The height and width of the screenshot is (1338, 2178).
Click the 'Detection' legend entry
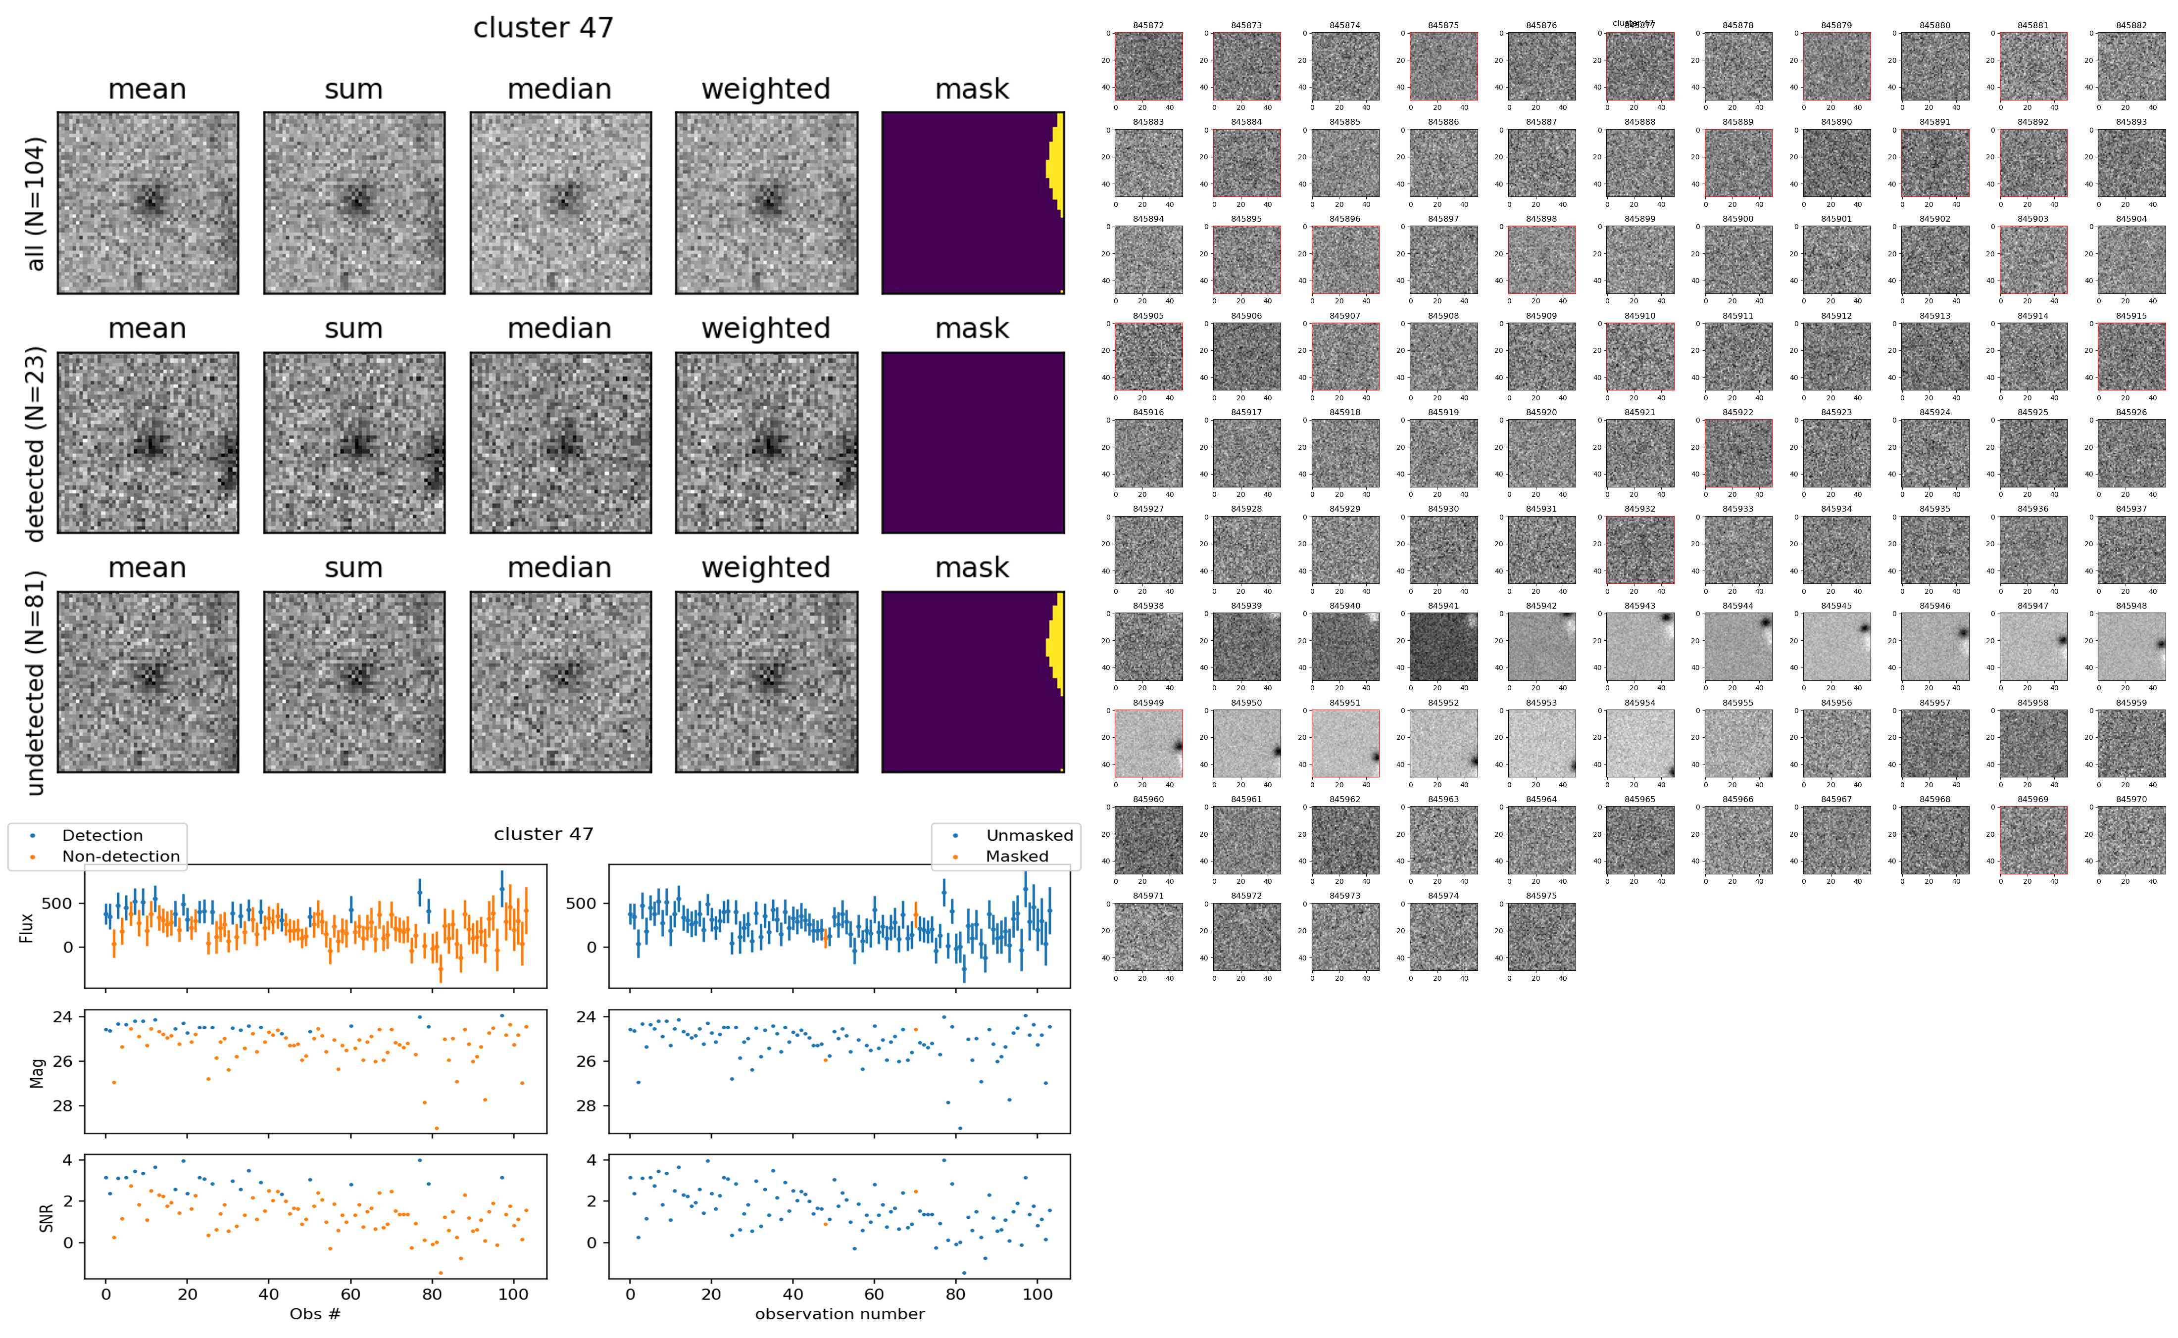coord(102,835)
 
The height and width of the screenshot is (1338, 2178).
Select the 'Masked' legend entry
coord(1016,856)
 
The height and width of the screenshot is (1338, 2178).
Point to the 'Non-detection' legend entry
coord(120,856)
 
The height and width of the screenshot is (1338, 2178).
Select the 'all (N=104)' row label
coord(36,203)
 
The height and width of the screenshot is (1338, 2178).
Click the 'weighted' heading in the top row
coord(766,90)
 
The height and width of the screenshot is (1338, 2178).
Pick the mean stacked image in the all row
coord(148,203)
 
